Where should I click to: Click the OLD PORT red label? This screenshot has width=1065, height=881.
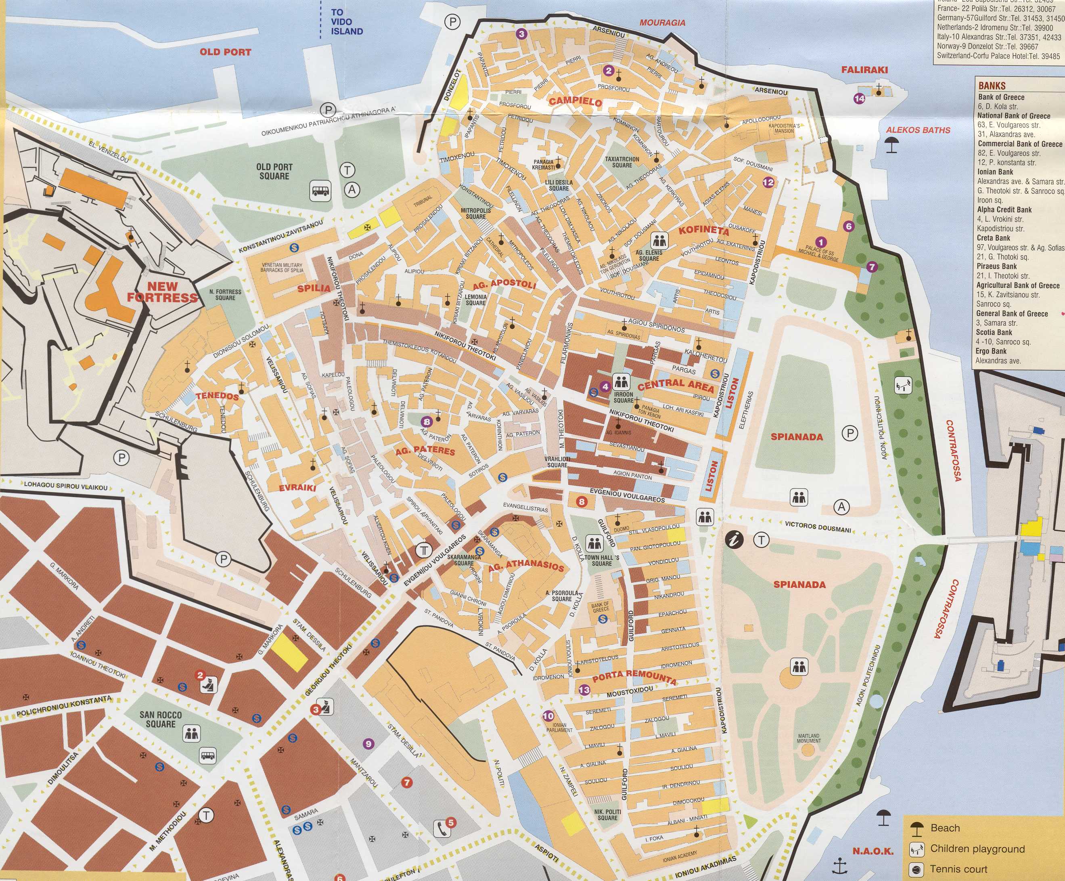click(225, 52)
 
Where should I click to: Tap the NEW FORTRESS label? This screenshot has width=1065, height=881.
click(162, 292)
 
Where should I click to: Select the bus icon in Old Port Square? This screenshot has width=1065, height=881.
click(320, 191)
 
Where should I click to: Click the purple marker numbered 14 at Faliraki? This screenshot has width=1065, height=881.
click(859, 99)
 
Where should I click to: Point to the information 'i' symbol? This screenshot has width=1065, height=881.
click(734, 539)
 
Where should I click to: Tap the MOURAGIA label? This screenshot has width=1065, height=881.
click(662, 23)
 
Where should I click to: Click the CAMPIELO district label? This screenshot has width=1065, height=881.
click(575, 101)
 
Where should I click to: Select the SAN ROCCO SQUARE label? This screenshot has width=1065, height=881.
click(160, 719)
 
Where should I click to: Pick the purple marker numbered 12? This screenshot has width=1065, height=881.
click(768, 182)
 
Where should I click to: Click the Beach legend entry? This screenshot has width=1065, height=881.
click(945, 828)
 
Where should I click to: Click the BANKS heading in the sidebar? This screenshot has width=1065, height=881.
click(992, 86)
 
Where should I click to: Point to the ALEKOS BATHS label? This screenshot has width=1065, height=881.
click(918, 130)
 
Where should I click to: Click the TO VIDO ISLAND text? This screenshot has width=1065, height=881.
click(346, 22)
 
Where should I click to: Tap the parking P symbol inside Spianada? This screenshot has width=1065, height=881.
click(849, 433)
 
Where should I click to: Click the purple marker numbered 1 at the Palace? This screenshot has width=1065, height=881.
click(820, 242)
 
